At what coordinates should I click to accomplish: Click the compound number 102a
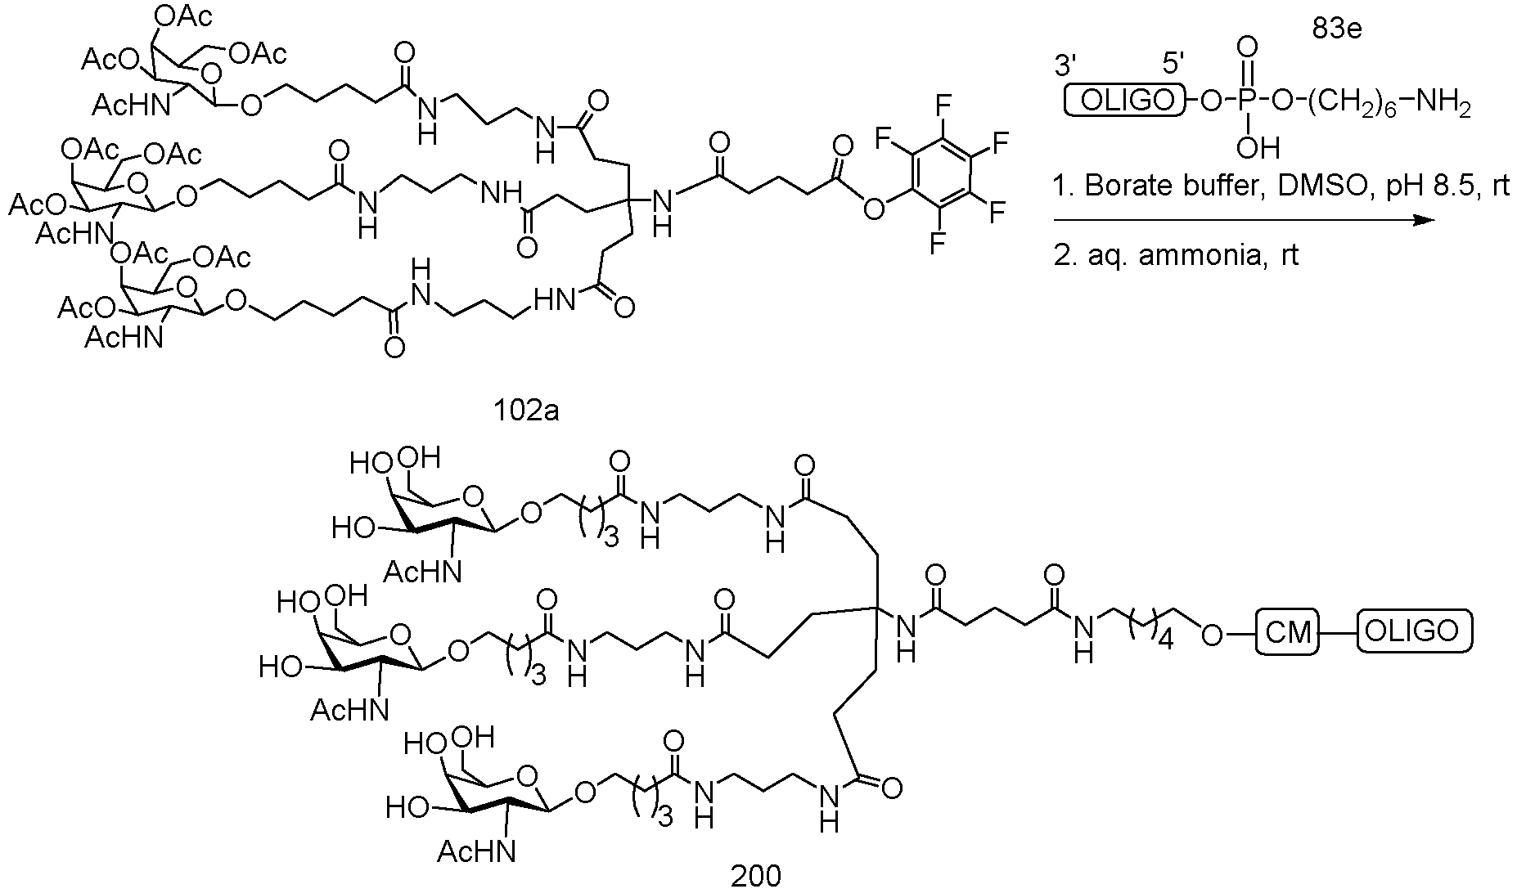point(526,409)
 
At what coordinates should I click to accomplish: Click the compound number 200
point(755,876)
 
